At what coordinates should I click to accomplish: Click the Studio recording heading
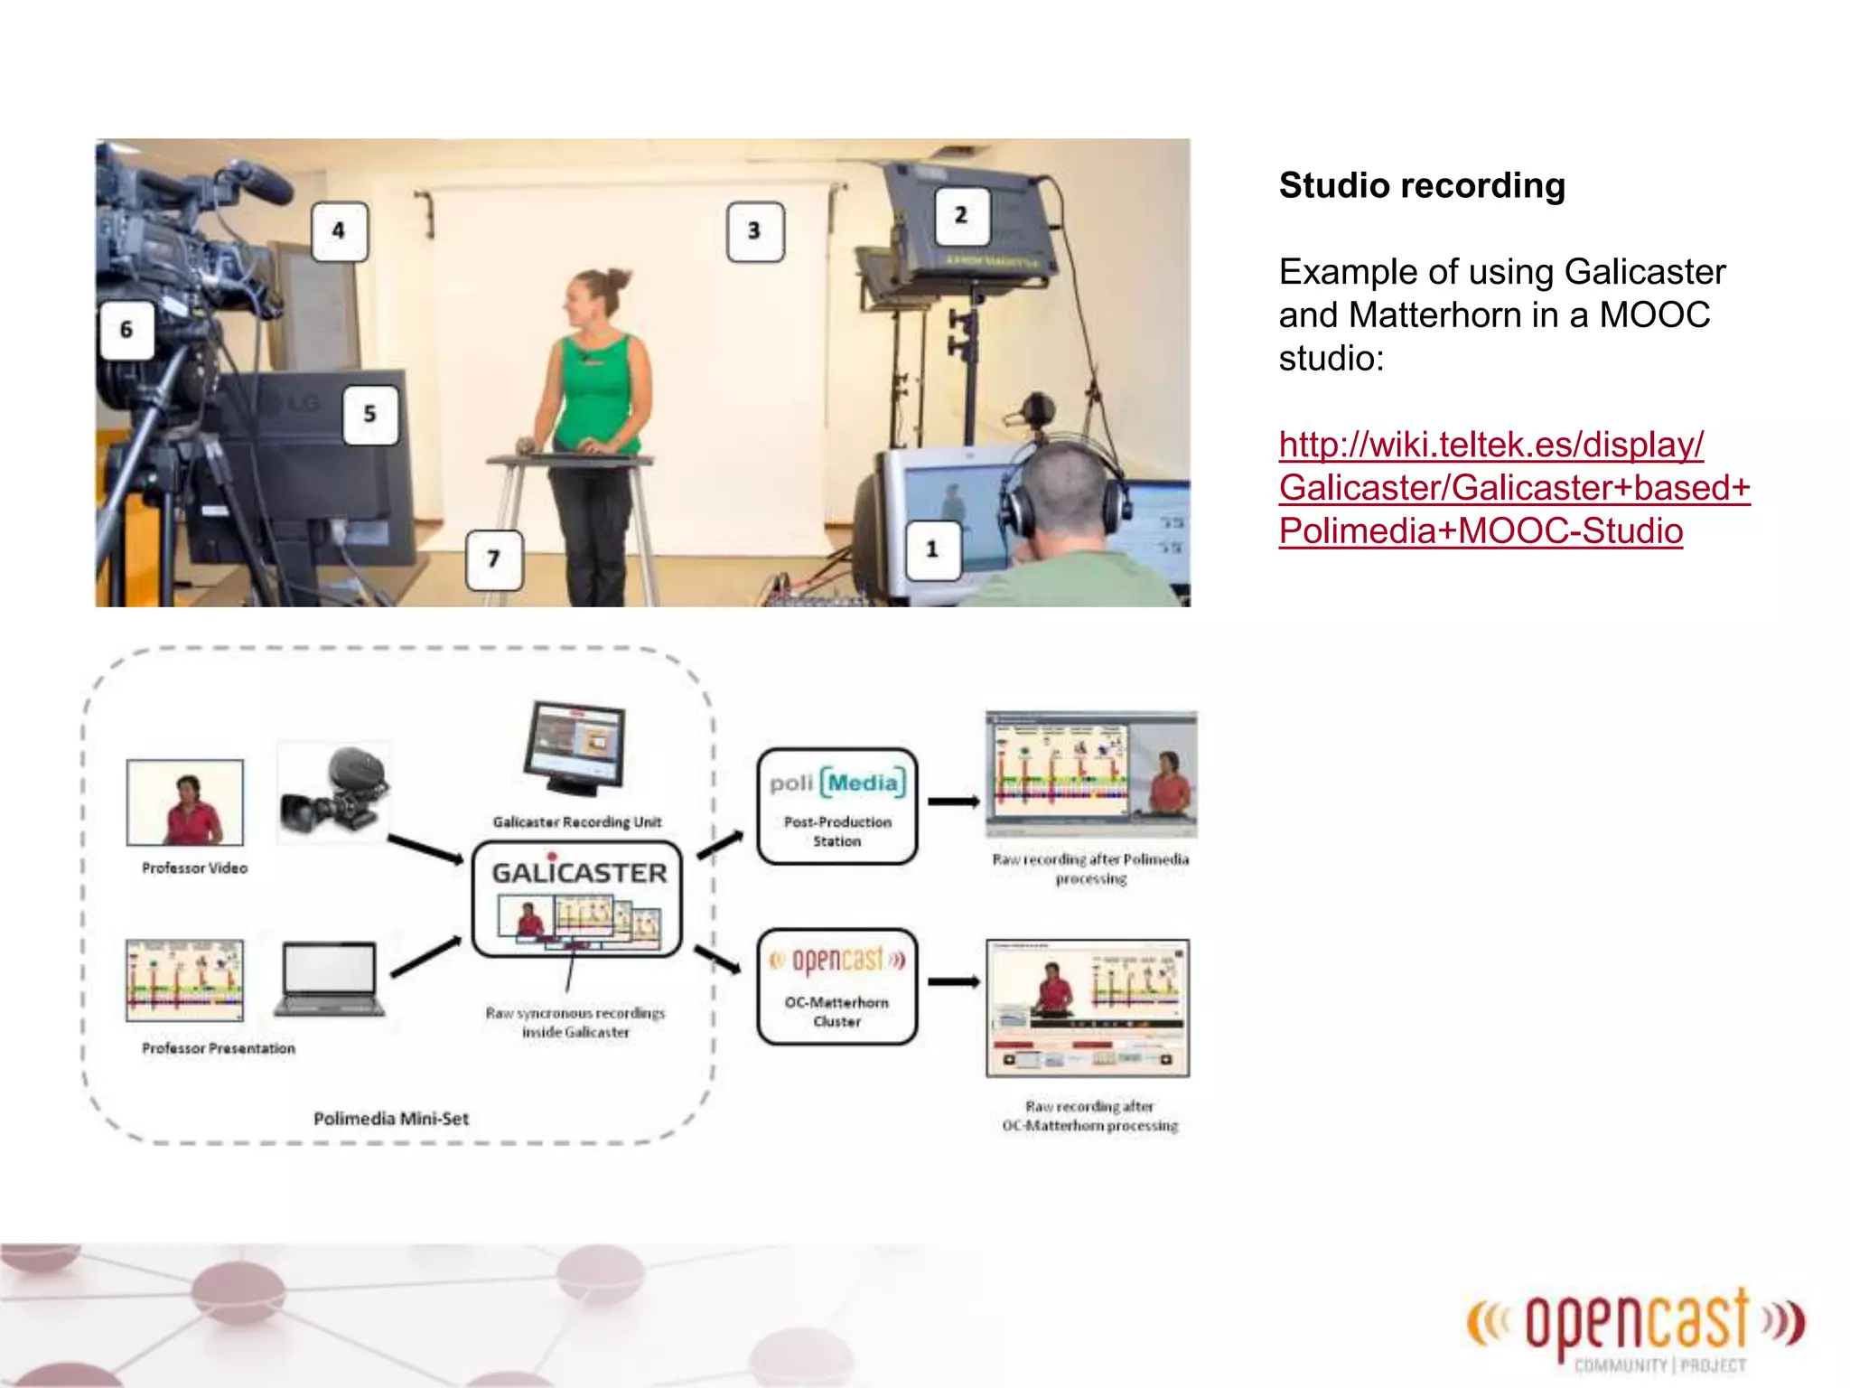[1422, 186]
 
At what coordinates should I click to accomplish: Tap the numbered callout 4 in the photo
[339, 231]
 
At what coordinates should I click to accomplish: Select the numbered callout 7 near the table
[493, 559]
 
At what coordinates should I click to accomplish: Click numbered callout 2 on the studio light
[961, 215]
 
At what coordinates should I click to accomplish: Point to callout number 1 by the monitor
[932, 549]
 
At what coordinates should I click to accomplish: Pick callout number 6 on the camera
[126, 330]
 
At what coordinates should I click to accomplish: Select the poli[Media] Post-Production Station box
[836, 806]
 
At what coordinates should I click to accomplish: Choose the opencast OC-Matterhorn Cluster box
[836, 987]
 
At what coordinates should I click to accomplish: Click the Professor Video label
[194, 867]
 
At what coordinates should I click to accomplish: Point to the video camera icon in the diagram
[334, 791]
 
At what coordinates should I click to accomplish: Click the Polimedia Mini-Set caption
[391, 1119]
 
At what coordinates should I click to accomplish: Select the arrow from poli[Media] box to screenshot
[954, 802]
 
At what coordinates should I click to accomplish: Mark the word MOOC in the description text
[1654, 315]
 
